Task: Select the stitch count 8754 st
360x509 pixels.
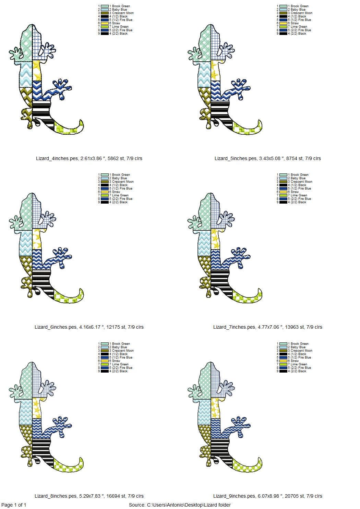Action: pyautogui.click(x=290, y=158)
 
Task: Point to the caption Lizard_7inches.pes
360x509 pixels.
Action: pyautogui.click(x=234, y=327)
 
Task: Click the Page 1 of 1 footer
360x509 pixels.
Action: pyautogui.click(x=14, y=505)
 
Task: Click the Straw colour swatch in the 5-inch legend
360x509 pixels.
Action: pyautogui.click(x=283, y=23)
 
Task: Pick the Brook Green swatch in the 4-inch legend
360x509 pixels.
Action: pyautogui.click(x=105, y=6)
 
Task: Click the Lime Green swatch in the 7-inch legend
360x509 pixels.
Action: pyautogui.click(x=283, y=195)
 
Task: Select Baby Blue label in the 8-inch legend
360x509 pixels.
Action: pyautogui.click(x=119, y=347)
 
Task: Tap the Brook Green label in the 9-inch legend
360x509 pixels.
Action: pyautogui.click(x=299, y=344)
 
